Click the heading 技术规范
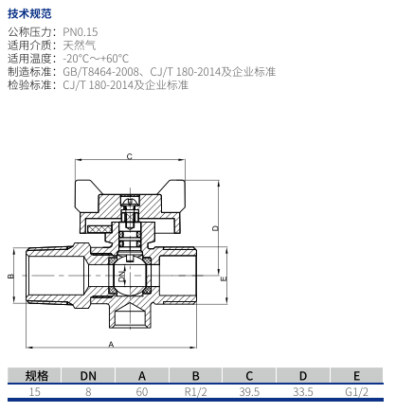coord(29,13)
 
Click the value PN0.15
coord(81,32)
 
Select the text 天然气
coord(79,45)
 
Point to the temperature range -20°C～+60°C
coord(96,59)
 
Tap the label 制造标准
coord(29,72)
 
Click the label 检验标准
coord(29,85)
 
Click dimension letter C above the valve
coord(130,156)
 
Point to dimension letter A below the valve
coord(111,345)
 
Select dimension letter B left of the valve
coord(10,276)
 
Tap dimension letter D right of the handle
coord(215,228)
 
